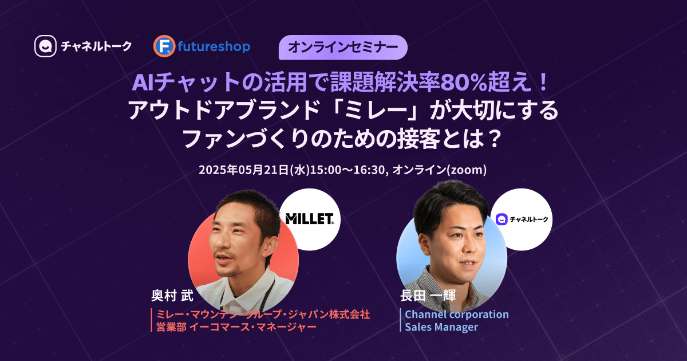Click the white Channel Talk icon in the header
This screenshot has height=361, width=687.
point(45,46)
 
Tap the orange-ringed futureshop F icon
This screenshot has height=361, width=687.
point(164,46)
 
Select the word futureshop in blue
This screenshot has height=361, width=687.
point(214,46)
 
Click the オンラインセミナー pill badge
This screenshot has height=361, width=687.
point(343,47)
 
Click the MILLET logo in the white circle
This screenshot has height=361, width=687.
point(310,219)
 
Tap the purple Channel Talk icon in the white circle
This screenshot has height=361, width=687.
point(502,219)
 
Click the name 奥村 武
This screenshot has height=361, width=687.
point(172,296)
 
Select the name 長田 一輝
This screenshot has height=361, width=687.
point(428,295)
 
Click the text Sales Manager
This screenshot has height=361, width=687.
point(441,327)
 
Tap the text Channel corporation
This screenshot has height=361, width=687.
point(457,315)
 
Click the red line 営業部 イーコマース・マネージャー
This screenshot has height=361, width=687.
point(236,327)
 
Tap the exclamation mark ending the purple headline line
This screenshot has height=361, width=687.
point(544,83)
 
